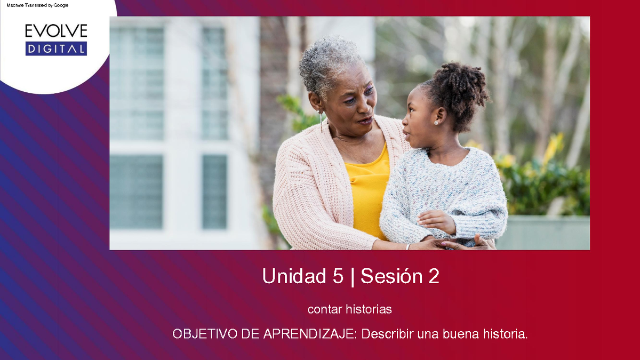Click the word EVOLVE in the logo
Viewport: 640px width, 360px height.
point(56,31)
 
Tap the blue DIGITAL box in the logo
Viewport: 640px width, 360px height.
point(56,49)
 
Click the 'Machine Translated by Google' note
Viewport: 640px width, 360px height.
point(37,5)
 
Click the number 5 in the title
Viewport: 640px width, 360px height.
point(337,276)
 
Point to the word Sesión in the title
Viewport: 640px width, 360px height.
point(387,276)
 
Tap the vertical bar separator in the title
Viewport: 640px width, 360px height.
point(352,276)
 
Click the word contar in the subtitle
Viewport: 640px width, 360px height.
point(324,309)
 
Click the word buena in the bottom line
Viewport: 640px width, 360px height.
point(461,334)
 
